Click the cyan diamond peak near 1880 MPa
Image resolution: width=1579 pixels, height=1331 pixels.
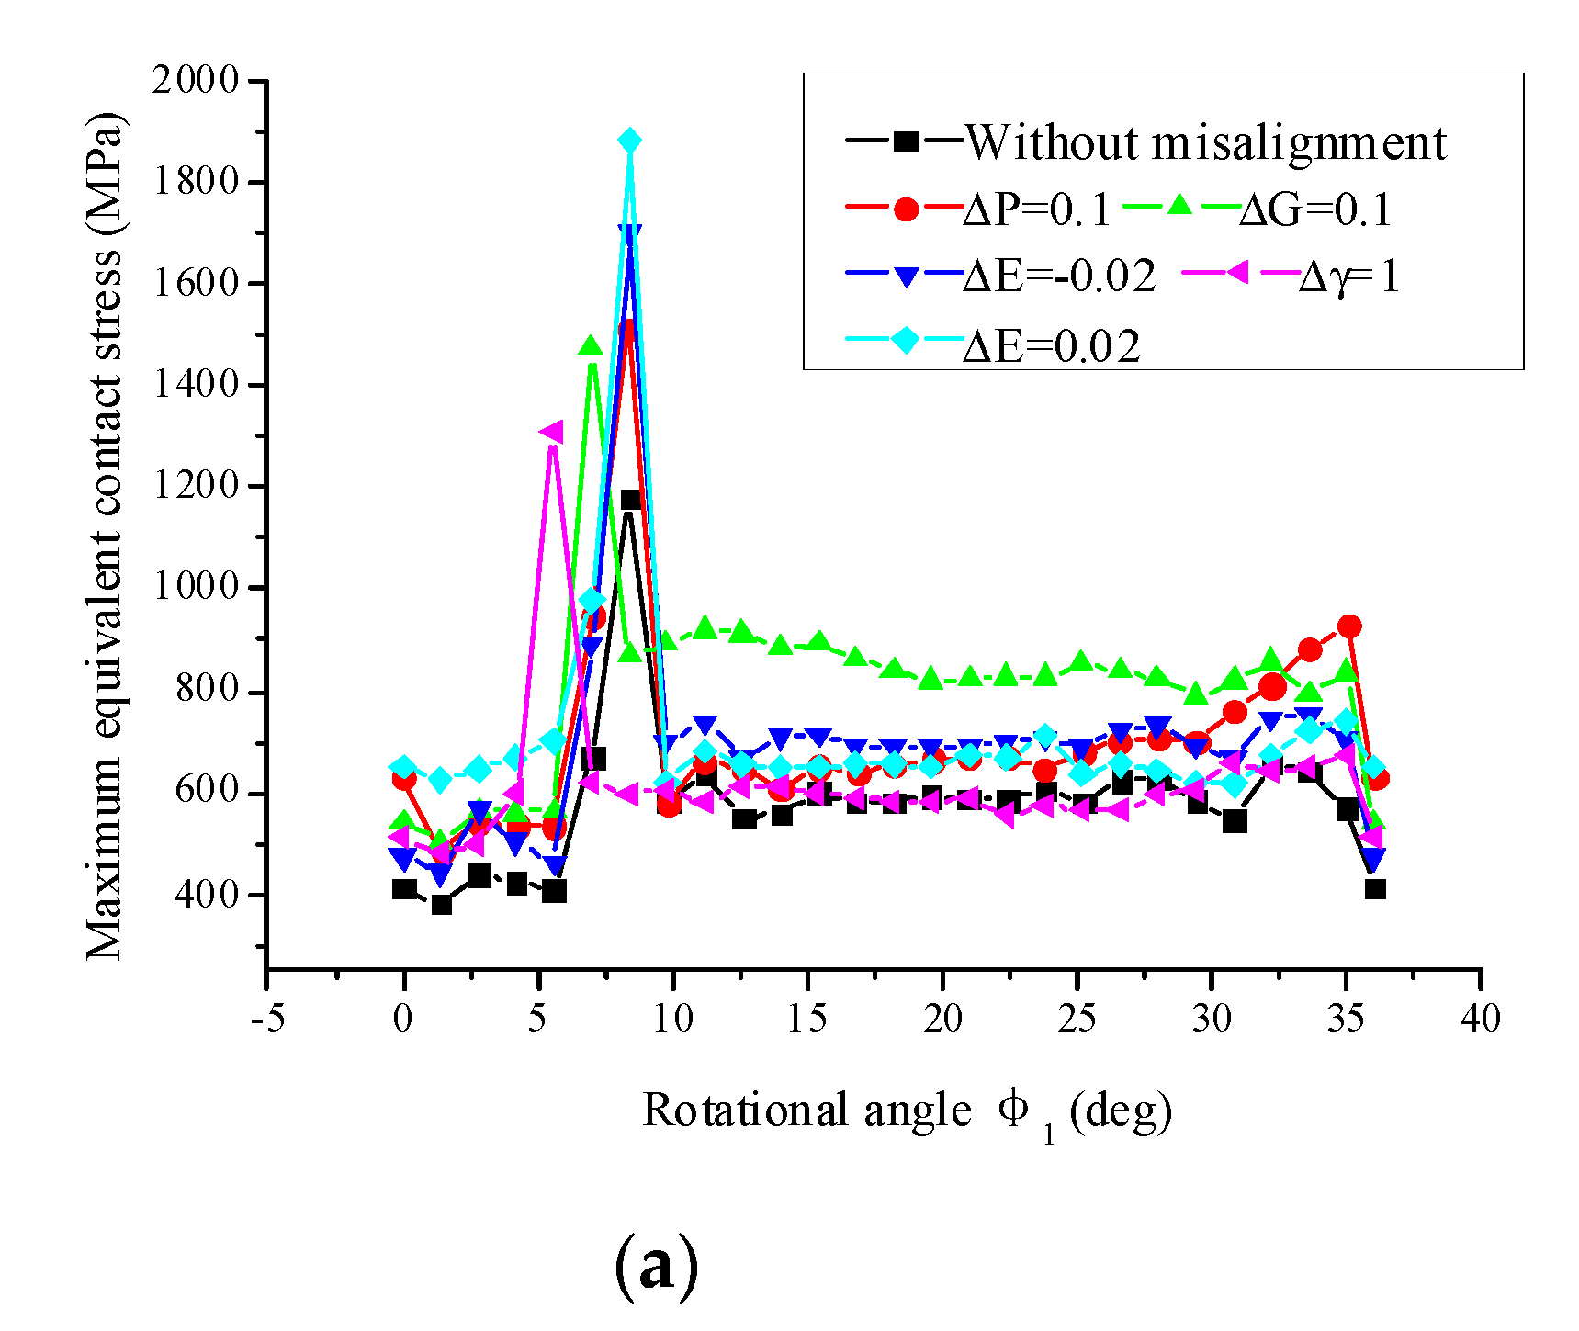[x=629, y=141]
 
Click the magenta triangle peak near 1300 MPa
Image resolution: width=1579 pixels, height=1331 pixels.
[x=551, y=432]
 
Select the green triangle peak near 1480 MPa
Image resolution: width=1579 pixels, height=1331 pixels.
[x=591, y=346]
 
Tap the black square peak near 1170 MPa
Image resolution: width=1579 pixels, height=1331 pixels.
[x=630, y=500]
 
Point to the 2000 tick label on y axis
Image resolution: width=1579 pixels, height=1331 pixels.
[x=196, y=81]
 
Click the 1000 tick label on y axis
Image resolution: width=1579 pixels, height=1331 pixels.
[x=196, y=587]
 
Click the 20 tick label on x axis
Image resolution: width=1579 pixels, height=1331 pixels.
[x=942, y=1019]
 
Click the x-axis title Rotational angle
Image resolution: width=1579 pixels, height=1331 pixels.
[x=906, y=1111]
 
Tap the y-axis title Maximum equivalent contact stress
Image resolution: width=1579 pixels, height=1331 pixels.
[x=104, y=537]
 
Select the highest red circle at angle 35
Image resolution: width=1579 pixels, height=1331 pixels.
[x=1348, y=626]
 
